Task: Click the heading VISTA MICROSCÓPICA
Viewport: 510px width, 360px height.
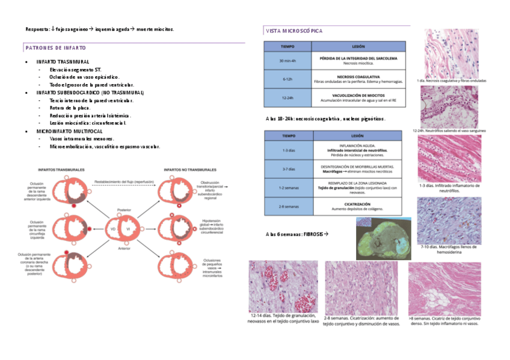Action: [293, 30]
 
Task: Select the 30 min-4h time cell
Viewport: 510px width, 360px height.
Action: [287, 61]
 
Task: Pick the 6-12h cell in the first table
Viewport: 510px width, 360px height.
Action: [287, 79]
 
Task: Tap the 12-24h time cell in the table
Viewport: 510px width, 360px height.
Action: [287, 98]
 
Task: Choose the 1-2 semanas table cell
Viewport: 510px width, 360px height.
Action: [289, 188]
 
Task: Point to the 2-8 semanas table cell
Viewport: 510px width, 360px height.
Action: [289, 206]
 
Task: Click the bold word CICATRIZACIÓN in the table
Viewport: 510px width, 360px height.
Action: [357, 204]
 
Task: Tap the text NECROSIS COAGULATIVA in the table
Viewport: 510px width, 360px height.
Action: [358, 77]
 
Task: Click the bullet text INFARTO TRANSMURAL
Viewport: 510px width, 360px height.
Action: [63, 62]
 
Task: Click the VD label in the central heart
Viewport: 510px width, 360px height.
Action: [112, 230]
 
